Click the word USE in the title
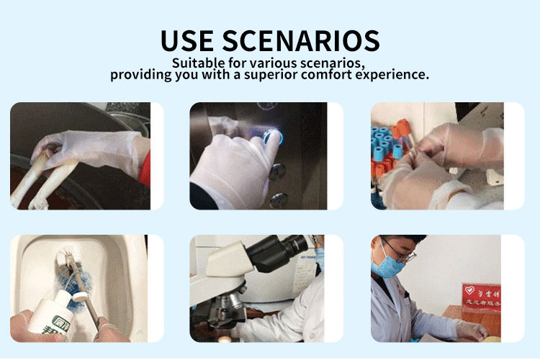click(x=189, y=40)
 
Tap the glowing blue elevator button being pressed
click(x=273, y=136)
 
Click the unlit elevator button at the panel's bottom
click(x=279, y=199)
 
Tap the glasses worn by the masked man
click(x=400, y=253)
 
